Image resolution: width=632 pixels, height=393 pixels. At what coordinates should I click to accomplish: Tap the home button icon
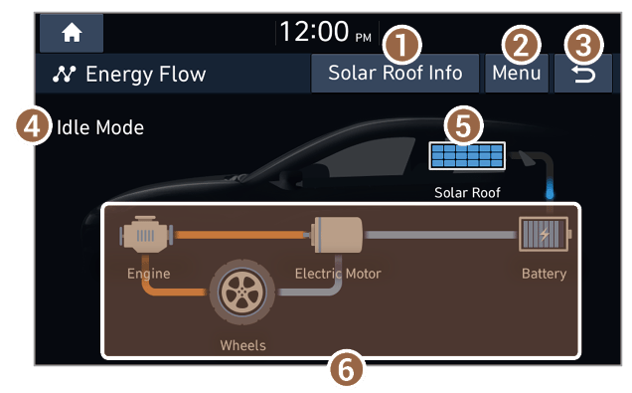pyautogui.click(x=72, y=33)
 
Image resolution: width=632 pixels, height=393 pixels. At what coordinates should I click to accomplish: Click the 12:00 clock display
pyautogui.click(x=325, y=32)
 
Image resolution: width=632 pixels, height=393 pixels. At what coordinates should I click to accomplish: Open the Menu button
pyautogui.click(x=517, y=74)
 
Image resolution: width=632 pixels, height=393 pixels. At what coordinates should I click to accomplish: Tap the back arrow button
pyautogui.click(x=583, y=74)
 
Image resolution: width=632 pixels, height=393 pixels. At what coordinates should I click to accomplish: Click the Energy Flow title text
pyautogui.click(x=145, y=75)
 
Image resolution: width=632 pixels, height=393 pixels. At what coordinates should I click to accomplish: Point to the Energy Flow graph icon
pyautogui.click(x=64, y=75)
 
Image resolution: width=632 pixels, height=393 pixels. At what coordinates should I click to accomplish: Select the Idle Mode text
pyautogui.click(x=100, y=128)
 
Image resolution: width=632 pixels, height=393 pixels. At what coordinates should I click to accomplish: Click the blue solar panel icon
pyautogui.click(x=467, y=156)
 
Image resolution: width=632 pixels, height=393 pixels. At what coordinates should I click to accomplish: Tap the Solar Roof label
pyautogui.click(x=467, y=192)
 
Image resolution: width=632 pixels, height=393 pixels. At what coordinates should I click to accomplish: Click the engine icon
pyautogui.click(x=146, y=235)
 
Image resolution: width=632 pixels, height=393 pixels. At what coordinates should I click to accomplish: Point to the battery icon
pyautogui.click(x=545, y=234)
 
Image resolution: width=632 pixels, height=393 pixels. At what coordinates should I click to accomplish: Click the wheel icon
pyautogui.click(x=242, y=292)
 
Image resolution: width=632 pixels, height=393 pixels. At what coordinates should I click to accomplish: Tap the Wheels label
pyautogui.click(x=243, y=345)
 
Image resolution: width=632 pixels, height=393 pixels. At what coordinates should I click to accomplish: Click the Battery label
pyautogui.click(x=545, y=274)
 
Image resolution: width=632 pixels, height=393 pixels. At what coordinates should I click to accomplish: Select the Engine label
pyautogui.click(x=149, y=274)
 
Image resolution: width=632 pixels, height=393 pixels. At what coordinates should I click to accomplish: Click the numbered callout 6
pyautogui.click(x=346, y=369)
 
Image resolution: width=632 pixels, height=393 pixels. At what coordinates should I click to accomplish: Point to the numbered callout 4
pyautogui.click(x=34, y=126)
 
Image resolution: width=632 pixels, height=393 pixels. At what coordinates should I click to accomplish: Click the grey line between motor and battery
pyautogui.click(x=440, y=235)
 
